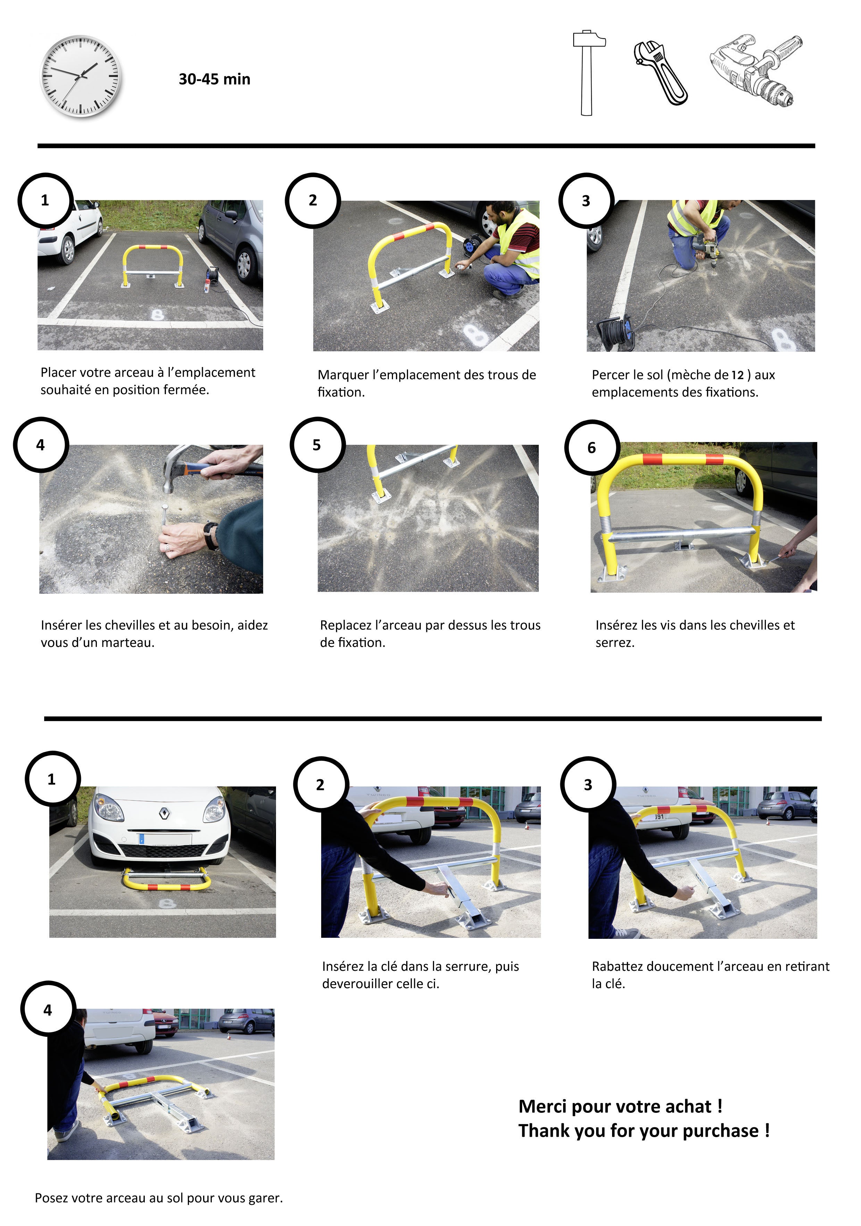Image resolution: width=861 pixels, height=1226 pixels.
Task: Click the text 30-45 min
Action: pyautogui.click(x=214, y=79)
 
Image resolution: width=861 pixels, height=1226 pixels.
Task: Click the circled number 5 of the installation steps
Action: pyautogui.click(x=317, y=445)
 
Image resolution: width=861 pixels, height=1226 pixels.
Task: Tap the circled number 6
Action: pyautogui.click(x=592, y=448)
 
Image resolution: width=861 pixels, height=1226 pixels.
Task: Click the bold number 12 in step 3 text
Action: pyautogui.click(x=737, y=375)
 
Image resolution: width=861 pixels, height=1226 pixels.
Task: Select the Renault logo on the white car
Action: pyautogui.click(x=165, y=813)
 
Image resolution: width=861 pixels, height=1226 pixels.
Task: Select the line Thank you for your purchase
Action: pyautogui.click(x=643, y=1131)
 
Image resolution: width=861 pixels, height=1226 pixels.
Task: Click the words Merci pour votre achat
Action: pyautogui.click(x=620, y=1106)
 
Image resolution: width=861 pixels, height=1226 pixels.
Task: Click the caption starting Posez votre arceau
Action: pyautogui.click(x=159, y=1198)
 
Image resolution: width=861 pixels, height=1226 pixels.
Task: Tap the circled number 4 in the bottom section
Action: pyautogui.click(x=48, y=1010)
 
